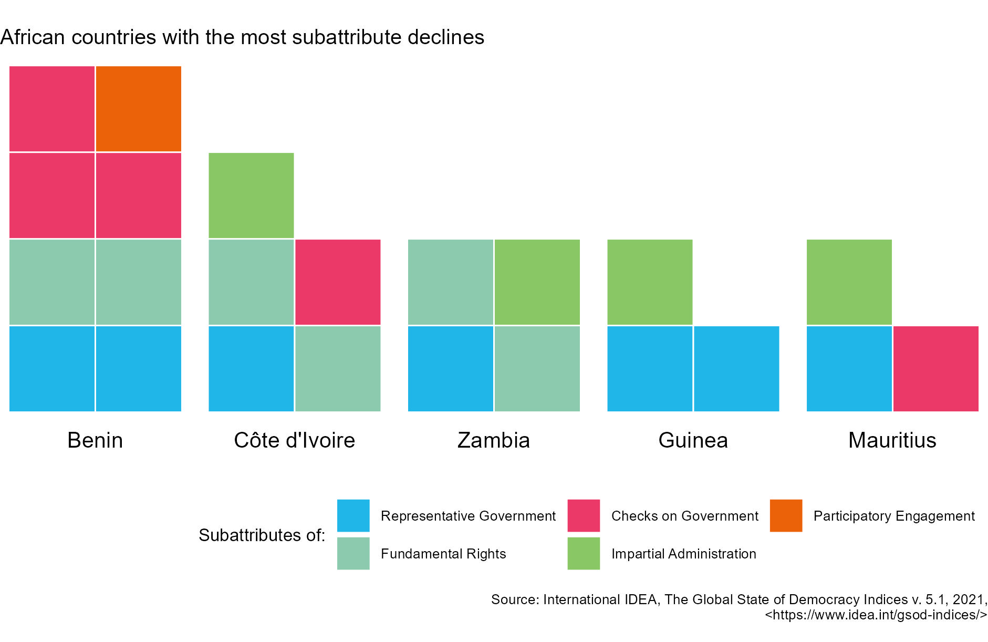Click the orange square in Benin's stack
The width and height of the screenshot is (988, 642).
click(139, 109)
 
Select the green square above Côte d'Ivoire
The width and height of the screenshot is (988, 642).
click(251, 195)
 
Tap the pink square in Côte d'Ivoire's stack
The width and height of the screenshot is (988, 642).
click(338, 282)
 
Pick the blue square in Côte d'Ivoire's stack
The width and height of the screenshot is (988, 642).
click(251, 369)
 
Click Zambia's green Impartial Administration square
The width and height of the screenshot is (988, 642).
click(537, 282)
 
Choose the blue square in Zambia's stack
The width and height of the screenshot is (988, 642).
click(451, 369)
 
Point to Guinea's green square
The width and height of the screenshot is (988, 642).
click(650, 282)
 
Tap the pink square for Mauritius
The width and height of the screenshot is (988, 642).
click(935, 369)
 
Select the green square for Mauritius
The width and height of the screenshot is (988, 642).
click(849, 282)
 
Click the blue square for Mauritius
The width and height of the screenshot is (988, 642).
click(849, 369)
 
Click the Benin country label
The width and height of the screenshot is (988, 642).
click(95, 440)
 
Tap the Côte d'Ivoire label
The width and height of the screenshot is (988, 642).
click(294, 440)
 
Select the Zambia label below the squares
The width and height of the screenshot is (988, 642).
click(493, 440)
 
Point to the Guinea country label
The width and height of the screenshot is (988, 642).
click(693, 440)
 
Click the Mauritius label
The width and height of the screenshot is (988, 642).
click(892, 440)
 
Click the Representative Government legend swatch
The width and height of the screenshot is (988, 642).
click(353, 515)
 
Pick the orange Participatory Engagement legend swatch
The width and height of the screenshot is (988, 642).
click(786, 515)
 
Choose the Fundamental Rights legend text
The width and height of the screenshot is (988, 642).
click(443, 554)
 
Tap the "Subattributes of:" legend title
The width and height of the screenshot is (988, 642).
click(262, 535)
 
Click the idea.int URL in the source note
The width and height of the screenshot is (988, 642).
click(876, 615)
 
